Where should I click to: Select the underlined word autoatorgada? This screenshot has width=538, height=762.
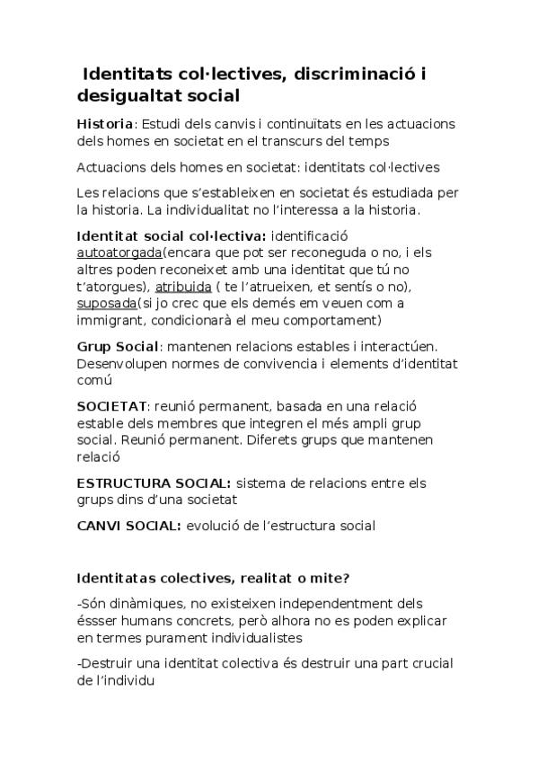tap(120, 253)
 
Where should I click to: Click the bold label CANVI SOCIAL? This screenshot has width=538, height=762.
tap(129, 525)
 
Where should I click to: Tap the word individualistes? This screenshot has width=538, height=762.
tap(318, 637)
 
